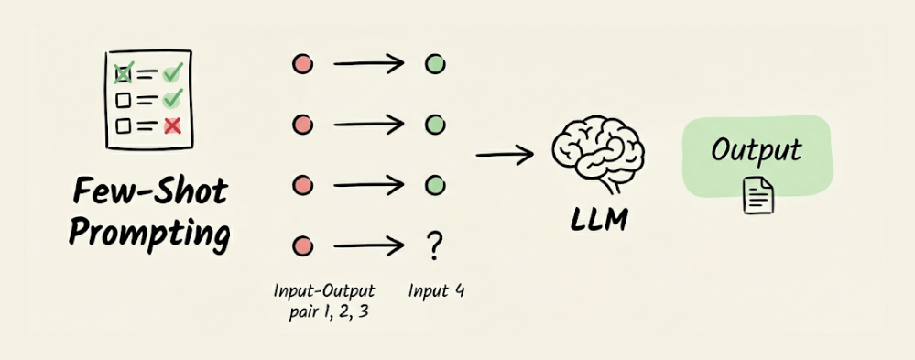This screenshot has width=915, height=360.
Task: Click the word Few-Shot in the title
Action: pos(149,192)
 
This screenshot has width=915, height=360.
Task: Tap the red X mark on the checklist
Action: pos(172,125)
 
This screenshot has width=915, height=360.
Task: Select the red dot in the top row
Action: pos(302,63)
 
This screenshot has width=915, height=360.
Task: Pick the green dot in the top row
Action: pos(435,63)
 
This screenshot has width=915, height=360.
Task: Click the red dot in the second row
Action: pos(302,125)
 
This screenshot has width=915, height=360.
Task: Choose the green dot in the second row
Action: pos(435,125)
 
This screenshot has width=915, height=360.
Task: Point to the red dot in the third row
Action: pos(302,186)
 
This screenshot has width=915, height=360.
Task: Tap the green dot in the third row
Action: pos(435,186)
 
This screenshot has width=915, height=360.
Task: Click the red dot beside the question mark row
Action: pos(302,246)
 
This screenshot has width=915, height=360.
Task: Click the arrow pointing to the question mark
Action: pos(369,246)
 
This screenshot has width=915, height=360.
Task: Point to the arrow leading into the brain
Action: pos(505,155)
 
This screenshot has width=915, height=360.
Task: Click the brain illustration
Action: pos(598,153)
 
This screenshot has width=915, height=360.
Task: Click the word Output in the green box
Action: pos(756,151)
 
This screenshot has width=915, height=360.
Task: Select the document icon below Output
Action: pos(758,195)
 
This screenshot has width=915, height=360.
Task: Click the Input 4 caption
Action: pos(437,290)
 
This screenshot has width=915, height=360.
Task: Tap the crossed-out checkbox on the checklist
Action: pos(123,73)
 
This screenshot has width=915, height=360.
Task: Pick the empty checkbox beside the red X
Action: pos(123,125)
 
